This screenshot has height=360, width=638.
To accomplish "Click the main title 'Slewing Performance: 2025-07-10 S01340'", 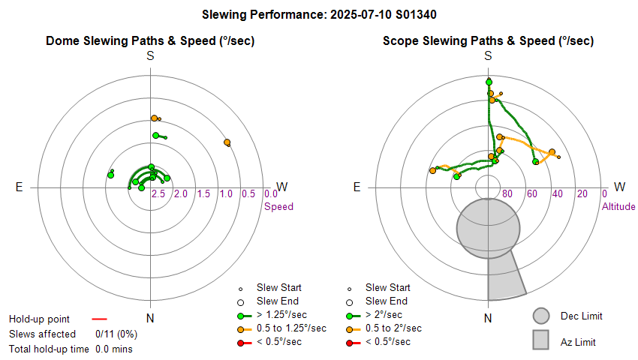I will point(320,14).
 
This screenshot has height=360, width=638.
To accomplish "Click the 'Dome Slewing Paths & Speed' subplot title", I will point(150,41).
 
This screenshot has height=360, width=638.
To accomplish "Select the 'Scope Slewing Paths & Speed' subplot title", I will point(488,41).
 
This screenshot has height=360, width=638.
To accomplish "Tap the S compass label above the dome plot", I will point(150,56).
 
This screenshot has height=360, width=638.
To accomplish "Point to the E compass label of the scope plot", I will point(357,187).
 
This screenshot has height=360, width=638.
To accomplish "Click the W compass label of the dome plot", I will point(282,187).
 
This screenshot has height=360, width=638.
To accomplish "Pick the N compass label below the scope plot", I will point(488,319).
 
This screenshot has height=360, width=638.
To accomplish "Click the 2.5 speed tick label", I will point(158,194).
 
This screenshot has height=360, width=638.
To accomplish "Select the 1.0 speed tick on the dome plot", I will point(226,194).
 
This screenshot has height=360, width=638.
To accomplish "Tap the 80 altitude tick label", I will point(507,194).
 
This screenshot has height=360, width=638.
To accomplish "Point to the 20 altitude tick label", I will point(582,194).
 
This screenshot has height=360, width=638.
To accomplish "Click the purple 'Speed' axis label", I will point(278,206).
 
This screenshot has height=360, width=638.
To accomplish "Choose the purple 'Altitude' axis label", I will point(618,206).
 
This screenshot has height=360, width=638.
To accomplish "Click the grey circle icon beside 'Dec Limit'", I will point(542,316).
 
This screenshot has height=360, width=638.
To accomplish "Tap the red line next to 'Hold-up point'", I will point(100,319).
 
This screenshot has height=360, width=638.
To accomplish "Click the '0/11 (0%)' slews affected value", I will point(116,334).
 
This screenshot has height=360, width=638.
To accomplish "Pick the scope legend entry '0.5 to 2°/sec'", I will point(393,328).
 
